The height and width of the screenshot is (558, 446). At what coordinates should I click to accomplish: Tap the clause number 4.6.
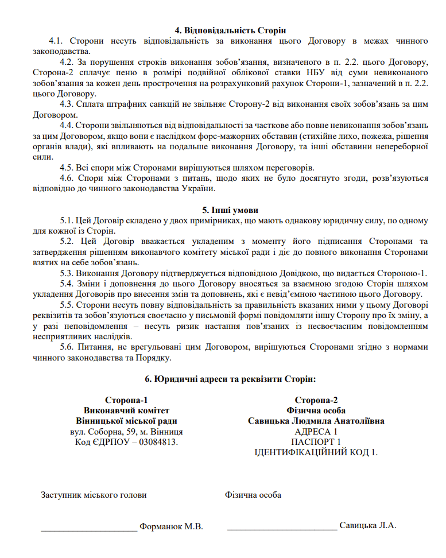[67, 178]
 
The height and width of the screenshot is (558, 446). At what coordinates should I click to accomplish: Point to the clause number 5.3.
[67, 273]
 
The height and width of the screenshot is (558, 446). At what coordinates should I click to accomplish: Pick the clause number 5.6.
[67, 347]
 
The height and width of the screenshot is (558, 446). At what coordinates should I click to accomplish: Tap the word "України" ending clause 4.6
[199, 189]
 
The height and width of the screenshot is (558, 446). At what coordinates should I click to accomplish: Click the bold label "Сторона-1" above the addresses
[126, 400]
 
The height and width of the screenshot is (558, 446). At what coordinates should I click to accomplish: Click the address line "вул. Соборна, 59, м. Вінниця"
[126, 431]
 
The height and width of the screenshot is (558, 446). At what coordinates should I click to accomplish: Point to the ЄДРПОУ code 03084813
[156, 441]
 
